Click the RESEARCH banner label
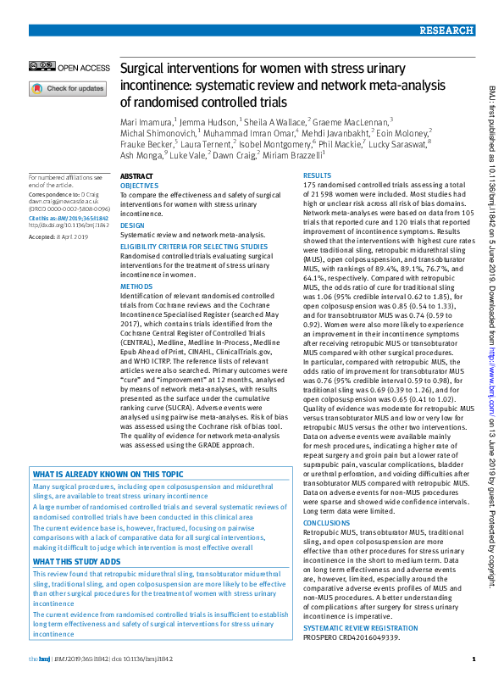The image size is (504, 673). tap(445, 31)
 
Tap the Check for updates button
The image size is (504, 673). tap(68, 88)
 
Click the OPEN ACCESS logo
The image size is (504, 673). tap(69, 67)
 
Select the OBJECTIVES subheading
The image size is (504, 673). tap(139, 184)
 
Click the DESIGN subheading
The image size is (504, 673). tap(133, 226)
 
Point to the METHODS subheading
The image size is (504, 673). tap(136, 287)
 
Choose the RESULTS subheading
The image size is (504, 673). tap(318, 175)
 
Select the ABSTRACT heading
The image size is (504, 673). tap(137, 175)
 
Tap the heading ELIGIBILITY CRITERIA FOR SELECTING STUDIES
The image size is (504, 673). tap(194, 247)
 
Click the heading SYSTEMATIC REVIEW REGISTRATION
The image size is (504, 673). tap(359, 627)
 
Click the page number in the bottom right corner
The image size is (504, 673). tap(473, 659)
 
